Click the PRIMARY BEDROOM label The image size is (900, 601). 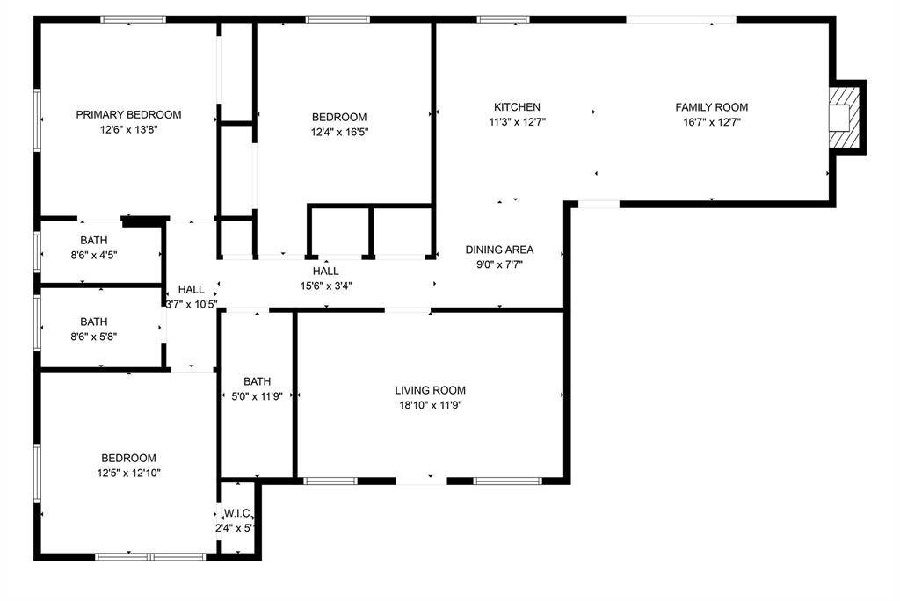128,114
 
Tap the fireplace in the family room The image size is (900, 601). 845,118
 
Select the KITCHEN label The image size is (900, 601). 517,107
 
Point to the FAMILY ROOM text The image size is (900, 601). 711,107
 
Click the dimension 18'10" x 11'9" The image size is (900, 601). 430,405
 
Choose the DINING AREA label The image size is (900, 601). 499,250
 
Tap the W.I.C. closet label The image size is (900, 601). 238,513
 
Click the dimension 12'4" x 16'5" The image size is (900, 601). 339,133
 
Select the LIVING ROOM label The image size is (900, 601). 430,390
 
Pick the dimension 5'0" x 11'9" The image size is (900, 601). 257,396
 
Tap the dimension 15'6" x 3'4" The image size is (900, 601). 326,286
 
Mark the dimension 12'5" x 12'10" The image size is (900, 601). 129,473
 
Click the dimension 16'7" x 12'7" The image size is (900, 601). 711,122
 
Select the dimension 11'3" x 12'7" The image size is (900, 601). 517,122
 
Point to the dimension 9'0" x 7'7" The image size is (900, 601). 499,264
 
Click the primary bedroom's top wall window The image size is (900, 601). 134,19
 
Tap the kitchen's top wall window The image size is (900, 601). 503,19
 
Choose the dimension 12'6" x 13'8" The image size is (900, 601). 128,129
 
